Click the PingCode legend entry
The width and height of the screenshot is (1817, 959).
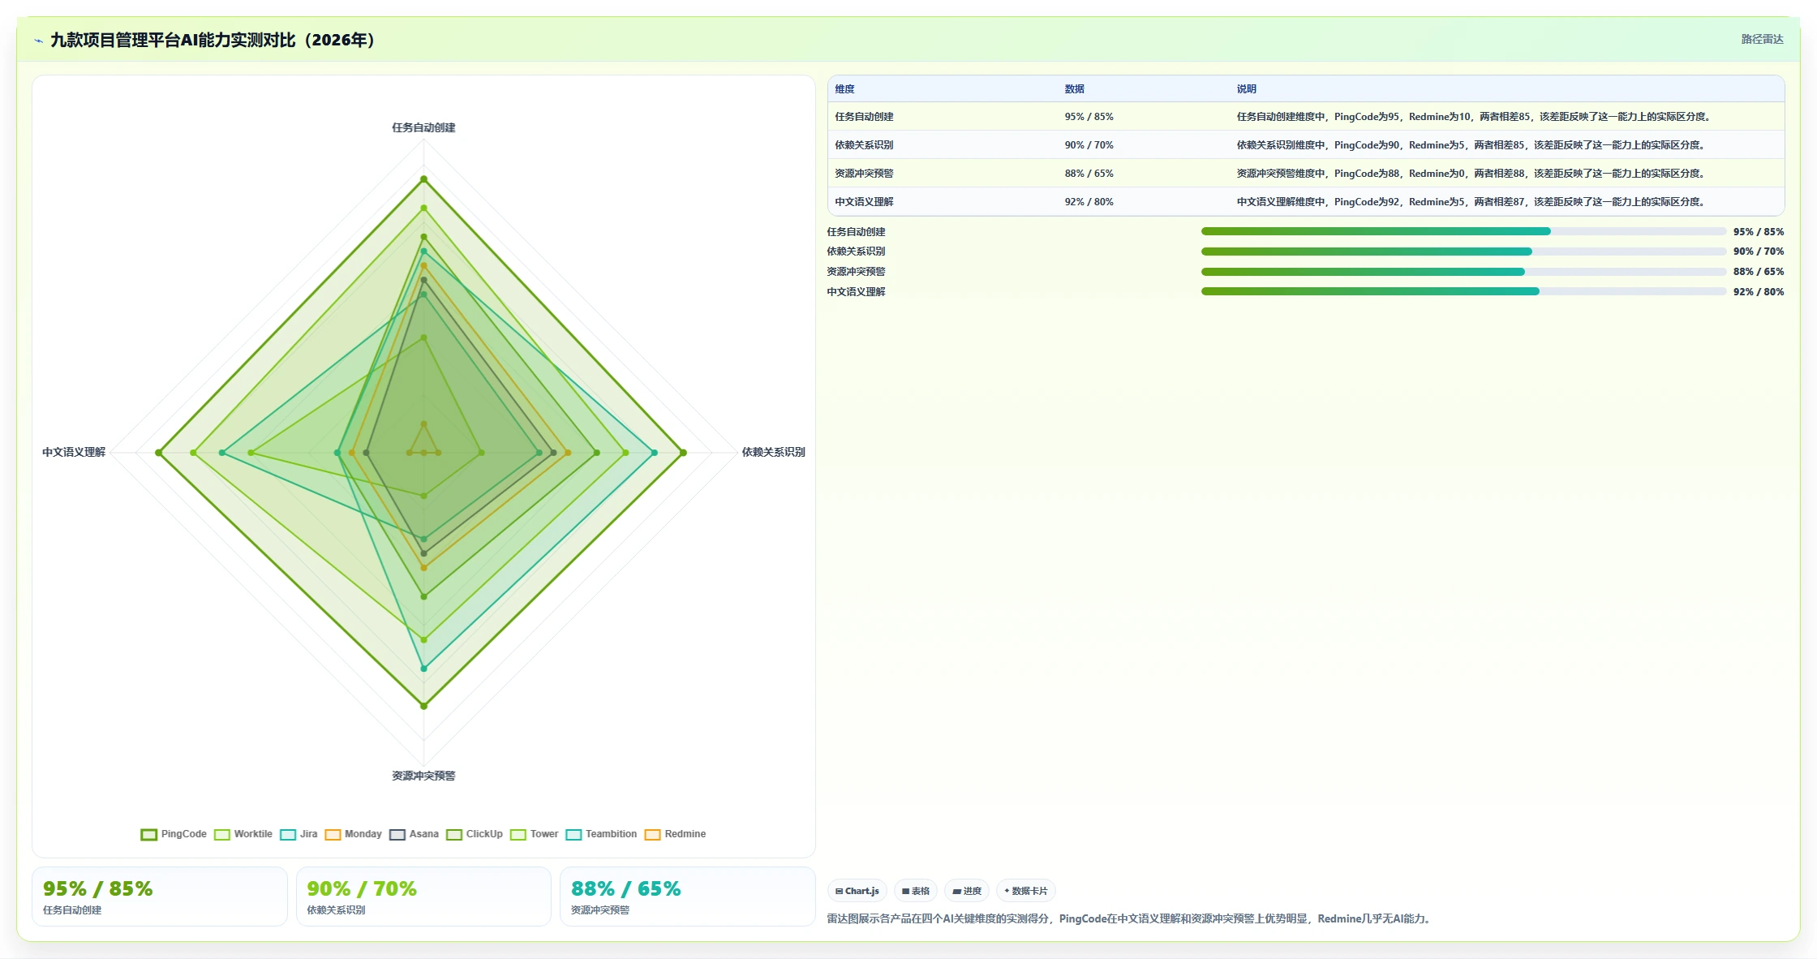[174, 834]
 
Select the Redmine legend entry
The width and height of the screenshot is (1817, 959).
[675, 834]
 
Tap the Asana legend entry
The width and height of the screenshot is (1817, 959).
[414, 834]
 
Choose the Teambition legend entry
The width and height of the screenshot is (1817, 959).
[601, 834]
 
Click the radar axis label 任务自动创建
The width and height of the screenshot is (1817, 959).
[423, 127]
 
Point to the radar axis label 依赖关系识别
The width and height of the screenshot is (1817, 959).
[773, 452]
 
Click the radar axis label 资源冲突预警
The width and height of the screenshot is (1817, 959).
[423, 776]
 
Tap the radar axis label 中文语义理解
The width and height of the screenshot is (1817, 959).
[74, 452]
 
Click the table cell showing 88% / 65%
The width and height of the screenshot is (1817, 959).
[1089, 174]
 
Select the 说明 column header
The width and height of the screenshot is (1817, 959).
[1246, 89]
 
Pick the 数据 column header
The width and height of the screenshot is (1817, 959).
[1074, 89]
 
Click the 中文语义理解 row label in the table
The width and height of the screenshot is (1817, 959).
[864, 202]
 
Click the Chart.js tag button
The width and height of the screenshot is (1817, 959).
[857, 891]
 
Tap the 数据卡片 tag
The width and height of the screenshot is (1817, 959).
[1025, 891]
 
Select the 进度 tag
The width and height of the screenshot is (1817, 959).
[967, 891]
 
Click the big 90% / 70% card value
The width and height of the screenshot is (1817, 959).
[362, 889]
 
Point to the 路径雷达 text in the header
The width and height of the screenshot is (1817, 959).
[1762, 39]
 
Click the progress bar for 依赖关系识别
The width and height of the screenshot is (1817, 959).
[1463, 252]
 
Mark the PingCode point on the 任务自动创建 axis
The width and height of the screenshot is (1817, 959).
[423, 179]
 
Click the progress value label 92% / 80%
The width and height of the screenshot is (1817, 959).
[1759, 292]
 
